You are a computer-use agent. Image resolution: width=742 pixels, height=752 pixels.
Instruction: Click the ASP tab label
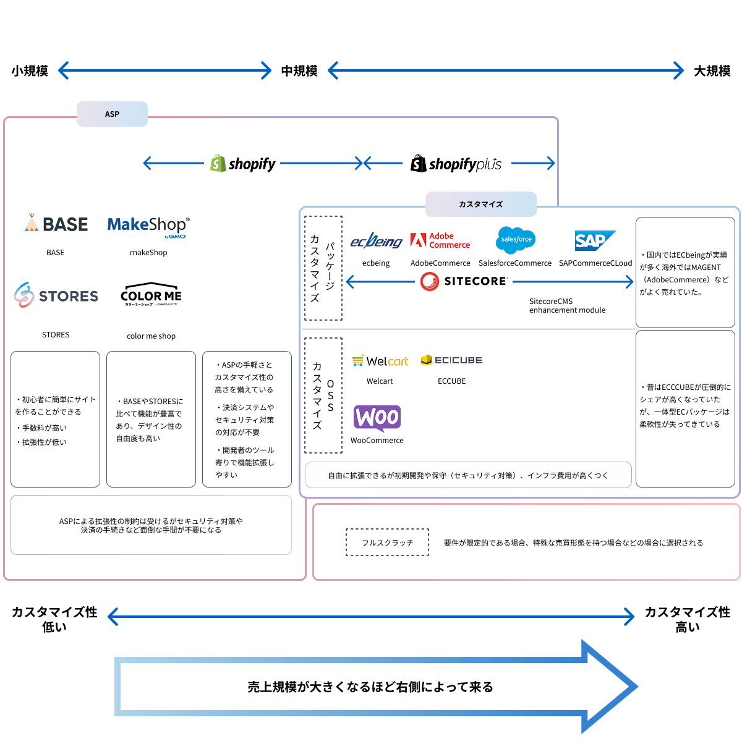click(112, 114)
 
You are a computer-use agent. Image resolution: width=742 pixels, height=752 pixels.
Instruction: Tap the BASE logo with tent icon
click(56, 224)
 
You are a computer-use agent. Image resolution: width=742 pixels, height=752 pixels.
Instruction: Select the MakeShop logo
click(148, 226)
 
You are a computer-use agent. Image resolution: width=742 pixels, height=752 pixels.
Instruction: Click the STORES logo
click(56, 296)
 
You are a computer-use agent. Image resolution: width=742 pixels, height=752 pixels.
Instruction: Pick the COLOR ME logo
click(151, 295)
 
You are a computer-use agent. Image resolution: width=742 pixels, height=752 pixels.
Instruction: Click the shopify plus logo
click(456, 164)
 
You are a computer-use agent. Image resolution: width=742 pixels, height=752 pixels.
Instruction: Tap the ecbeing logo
click(376, 242)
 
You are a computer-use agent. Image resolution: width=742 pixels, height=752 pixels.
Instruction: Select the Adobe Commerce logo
click(440, 240)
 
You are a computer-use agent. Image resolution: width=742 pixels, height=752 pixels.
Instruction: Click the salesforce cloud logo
click(515, 240)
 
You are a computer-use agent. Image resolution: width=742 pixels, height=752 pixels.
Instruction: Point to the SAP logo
click(594, 240)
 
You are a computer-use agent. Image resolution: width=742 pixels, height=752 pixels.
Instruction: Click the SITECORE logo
click(464, 282)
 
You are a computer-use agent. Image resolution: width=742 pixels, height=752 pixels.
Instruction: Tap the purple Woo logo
click(377, 418)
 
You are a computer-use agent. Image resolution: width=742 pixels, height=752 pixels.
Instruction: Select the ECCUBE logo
click(451, 360)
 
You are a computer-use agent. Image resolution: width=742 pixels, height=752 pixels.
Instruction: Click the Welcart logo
click(380, 361)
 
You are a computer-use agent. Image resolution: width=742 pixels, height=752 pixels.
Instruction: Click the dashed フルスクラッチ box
click(387, 543)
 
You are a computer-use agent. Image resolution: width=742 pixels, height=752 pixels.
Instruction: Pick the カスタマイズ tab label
click(480, 205)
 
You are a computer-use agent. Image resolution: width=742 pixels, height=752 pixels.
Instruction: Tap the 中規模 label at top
click(299, 71)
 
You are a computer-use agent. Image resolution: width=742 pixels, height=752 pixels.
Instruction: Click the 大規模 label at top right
click(712, 71)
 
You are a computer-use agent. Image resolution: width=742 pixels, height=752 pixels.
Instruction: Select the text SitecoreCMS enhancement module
click(567, 306)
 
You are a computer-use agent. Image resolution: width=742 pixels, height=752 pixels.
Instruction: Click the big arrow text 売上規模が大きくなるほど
click(370, 687)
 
